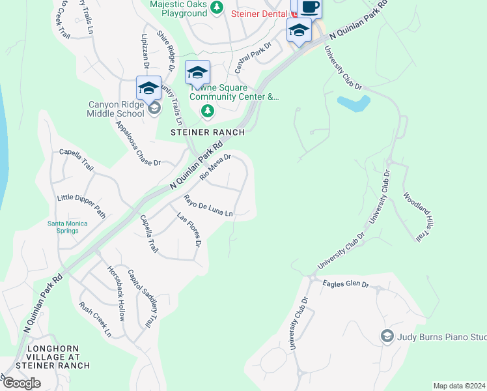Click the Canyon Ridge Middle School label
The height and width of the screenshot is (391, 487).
(x=116, y=109)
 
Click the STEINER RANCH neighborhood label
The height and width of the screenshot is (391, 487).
(x=208, y=132)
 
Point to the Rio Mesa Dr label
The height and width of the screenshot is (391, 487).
(x=216, y=166)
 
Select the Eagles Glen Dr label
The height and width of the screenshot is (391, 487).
(x=346, y=283)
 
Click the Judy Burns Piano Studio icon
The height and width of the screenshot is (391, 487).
(x=387, y=336)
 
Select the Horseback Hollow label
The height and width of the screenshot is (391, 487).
(x=116, y=285)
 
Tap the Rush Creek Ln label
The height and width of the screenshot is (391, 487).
(x=96, y=319)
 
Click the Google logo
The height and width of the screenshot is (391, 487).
(x=21, y=383)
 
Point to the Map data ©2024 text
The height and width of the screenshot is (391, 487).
(x=459, y=386)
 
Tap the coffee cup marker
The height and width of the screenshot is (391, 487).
(x=310, y=8)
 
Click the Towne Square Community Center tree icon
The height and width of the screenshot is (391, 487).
(x=208, y=111)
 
